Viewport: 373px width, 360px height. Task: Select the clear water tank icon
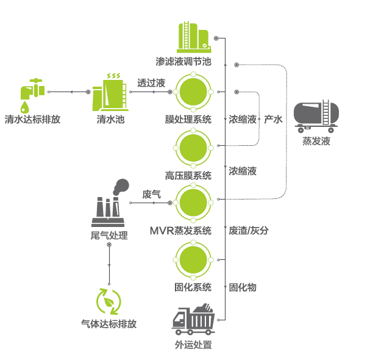(x=111, y=92)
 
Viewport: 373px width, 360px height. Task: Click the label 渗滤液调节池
(x=183, y=62)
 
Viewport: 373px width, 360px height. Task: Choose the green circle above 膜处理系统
(x=193, y=92)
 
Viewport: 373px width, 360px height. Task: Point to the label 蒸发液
(x=316, y=142)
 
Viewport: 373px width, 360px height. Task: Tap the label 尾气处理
(x=109, y=235)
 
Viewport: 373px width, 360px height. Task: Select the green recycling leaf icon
(x=109, y=301)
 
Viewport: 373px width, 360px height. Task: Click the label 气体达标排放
(x=109, y=324)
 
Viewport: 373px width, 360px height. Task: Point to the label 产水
(x=273, y=120)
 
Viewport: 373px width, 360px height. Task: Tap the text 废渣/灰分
(x=249, y=231)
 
